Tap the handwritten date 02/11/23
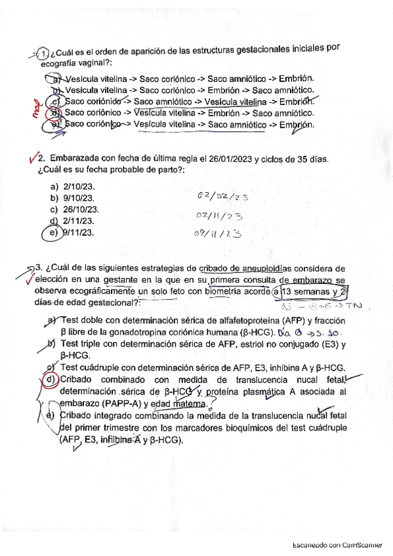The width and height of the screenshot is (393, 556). point(220,215)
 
